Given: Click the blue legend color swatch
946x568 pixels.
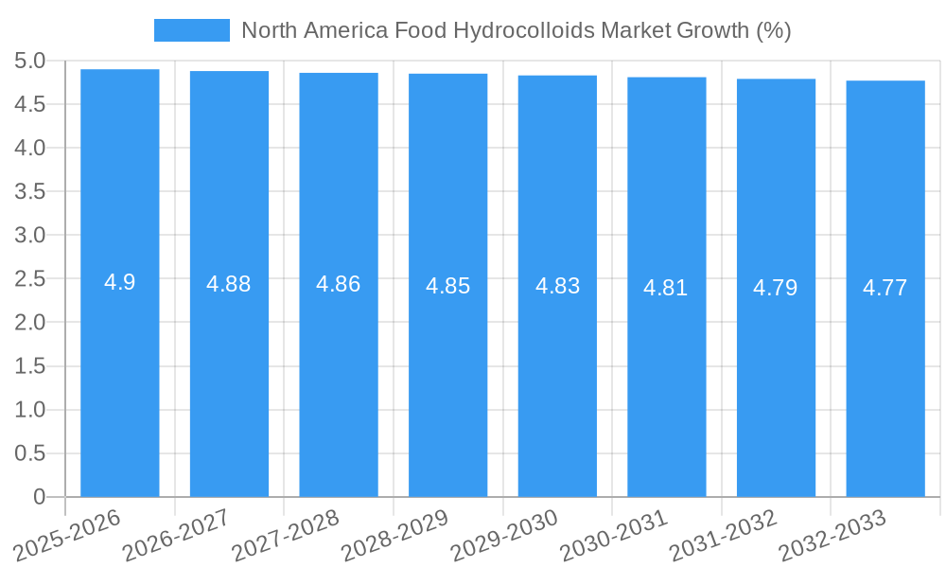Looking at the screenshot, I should [x=191, y=30].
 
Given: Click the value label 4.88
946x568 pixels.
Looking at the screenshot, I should [x=229, y=284].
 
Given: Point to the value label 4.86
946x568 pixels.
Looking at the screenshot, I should [x=339, y=284].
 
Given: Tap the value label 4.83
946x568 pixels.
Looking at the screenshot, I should [x=557, y=286].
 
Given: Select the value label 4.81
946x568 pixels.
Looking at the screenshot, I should [x=666, y=288].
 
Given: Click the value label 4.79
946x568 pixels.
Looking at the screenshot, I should [x=776, y=288].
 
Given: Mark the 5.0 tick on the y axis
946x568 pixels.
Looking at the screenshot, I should [x=30, y=62].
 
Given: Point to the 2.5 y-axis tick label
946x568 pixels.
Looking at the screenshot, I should [x=30, y=279].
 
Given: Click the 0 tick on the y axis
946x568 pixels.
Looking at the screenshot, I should [x=39, y=497].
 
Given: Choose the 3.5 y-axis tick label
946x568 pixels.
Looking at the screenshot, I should [x=30, y=192].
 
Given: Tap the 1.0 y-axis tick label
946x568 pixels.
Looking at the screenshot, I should [x=30, y=410].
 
